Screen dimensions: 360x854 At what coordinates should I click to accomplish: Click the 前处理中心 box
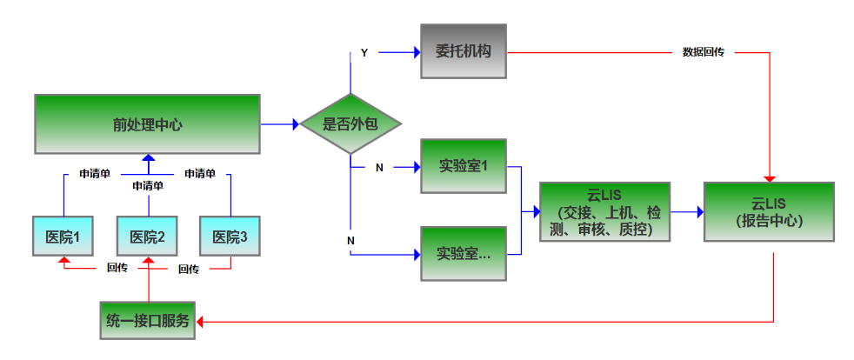(148, 123)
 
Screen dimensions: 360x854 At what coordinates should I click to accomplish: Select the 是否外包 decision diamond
(350, 123)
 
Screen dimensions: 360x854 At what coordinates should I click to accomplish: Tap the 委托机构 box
(463, 51)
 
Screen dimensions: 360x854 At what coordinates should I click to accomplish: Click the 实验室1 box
(463, 165)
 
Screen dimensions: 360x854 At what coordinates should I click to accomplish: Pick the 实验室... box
(463, 254)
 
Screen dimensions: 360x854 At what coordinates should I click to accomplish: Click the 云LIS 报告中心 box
(769, 211)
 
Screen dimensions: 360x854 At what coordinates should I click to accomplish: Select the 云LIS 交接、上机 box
(605, 211)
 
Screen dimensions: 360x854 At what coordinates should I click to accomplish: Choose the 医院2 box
(148, 236)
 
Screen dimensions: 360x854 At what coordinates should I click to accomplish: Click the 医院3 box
(230, 236)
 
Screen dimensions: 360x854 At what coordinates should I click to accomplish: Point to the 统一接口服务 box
(148, 322)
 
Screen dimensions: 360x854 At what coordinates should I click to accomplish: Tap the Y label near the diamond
(364, 53)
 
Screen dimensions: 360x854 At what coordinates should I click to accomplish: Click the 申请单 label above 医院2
(148, 185)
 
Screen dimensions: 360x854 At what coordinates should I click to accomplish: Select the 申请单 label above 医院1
(95, 174)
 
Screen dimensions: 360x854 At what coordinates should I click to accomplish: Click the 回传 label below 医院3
(189, 269)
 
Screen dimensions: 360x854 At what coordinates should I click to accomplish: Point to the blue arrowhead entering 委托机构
(415, 52)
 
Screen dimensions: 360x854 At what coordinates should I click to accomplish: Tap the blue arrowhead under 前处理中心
(148, 159)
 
